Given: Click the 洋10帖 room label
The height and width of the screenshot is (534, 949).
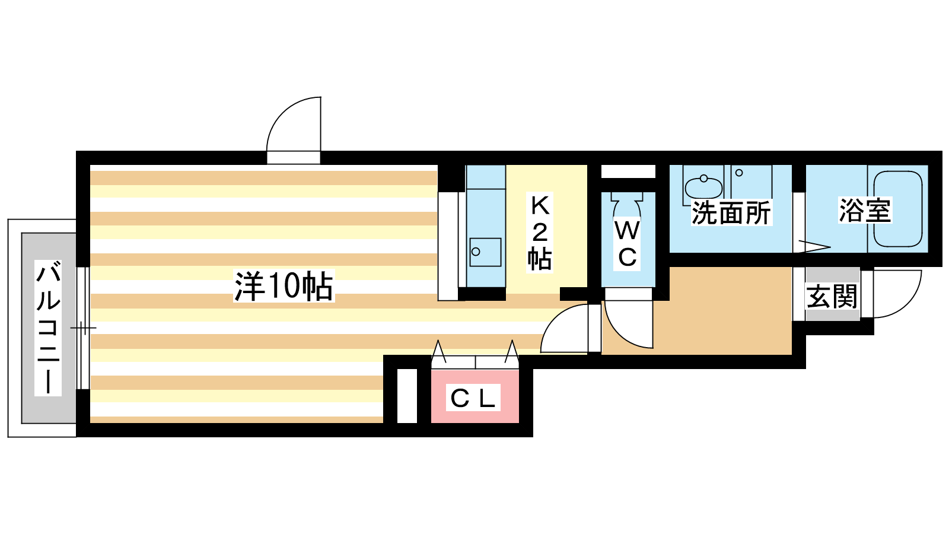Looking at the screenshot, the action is (x=284, y=286).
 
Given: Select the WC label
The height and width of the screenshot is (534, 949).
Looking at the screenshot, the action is (x=627, y=244).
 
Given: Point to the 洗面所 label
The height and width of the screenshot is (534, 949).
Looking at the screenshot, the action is (x=731, y=213).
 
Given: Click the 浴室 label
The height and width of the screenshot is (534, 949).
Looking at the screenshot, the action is (x=865, y=210).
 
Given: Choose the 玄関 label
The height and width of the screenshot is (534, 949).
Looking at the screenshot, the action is (x=832, y=297).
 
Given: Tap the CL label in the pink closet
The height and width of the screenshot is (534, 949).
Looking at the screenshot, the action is (x=473, y=398).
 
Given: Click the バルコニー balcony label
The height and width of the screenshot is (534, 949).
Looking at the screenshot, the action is (x=48, y=328).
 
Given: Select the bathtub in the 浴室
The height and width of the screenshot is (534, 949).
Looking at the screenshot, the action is (x=898, y=209).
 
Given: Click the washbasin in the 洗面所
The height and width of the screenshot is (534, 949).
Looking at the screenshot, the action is (x=703, y=187).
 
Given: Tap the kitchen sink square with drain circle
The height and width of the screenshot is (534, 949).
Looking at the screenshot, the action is (x=485, y=252).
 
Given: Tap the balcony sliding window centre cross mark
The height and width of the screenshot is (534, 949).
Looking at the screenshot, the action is (x=84, y=328).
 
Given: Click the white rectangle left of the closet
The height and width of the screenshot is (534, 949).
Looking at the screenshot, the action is (x=407, y=396).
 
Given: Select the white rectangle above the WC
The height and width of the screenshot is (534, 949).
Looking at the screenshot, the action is (x=628, y=171).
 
